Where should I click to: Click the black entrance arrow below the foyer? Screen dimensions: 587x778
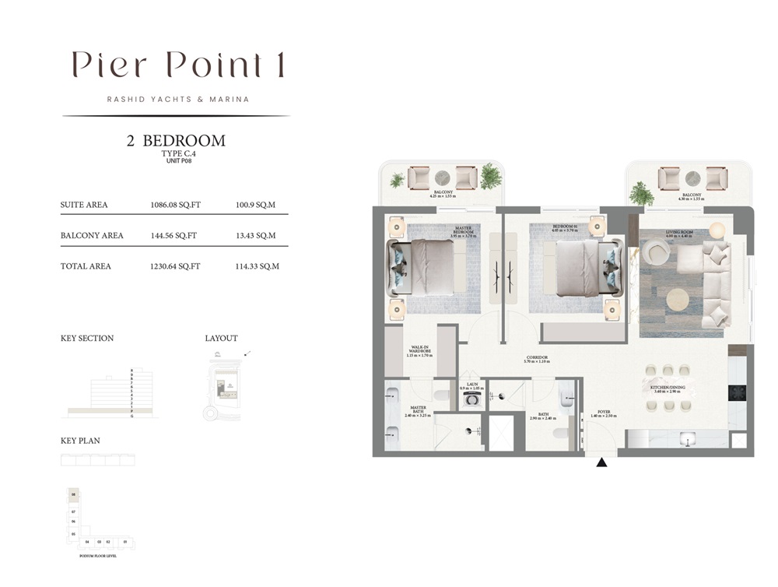601,462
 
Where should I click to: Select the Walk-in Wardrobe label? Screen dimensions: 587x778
419,351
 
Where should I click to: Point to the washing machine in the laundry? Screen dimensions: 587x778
470,399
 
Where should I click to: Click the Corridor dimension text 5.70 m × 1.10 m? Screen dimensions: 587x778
537,362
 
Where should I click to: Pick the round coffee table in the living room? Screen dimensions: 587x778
677,299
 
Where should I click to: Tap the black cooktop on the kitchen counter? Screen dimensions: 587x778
737,392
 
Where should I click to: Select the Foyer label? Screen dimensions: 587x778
603,414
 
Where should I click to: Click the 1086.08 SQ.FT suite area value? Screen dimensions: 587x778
175,206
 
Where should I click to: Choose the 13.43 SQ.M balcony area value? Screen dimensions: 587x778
257,235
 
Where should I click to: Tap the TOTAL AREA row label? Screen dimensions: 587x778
86,266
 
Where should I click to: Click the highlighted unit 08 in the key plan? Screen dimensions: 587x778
74,494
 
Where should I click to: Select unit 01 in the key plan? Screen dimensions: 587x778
124,541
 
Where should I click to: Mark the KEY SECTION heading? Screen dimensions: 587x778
87,339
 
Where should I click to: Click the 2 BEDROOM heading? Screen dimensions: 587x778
176,141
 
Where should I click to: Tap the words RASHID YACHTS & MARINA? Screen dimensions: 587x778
178,100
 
